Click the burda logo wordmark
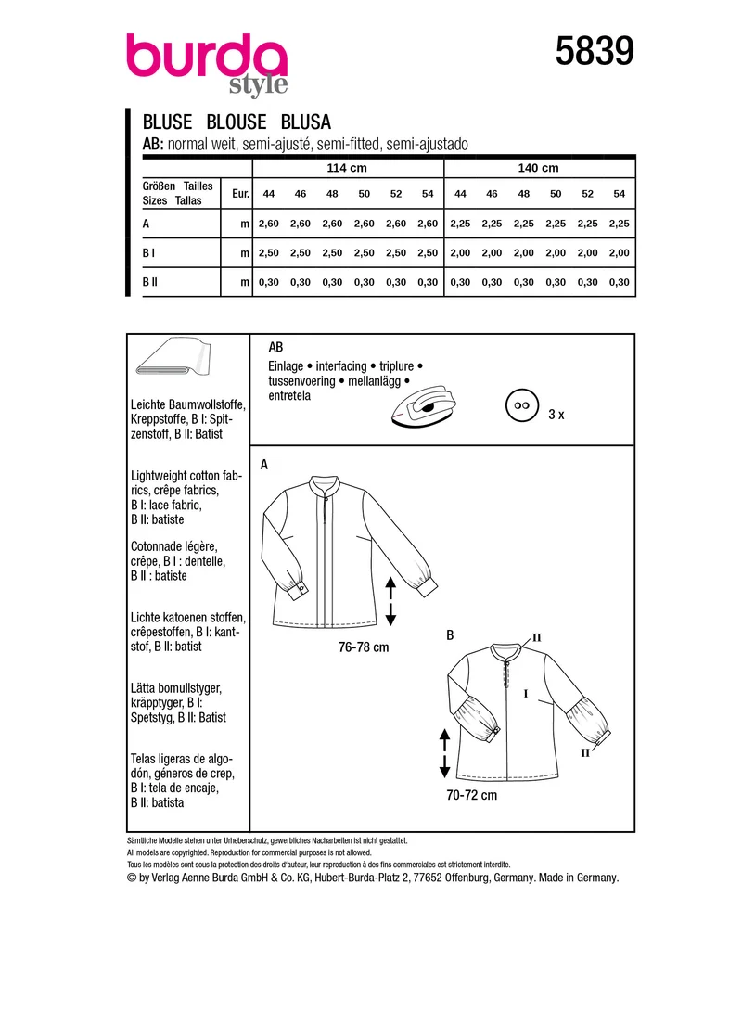[x=207, y=64]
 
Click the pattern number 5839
[x=595, y=51]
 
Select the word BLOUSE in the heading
[x=236, y=122]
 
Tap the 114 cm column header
[x=347, y=168]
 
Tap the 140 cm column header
[x=538, y=168]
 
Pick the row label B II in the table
[x=149, y=282]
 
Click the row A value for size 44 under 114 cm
[x=269, y=224]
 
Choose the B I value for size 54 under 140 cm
[x=619, y=253]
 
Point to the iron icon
[x=423, y=406]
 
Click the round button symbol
[x=521, y=405]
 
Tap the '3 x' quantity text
[x=556, y=415]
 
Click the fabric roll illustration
[x=173, y=357]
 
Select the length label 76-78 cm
[x=364, y=647]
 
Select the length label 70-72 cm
[x=471, y=796]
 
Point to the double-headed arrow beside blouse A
[x=390, y=601]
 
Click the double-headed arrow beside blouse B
[x=444, y=753]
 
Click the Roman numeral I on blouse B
[x=526, y=694]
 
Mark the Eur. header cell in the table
[x=240, y=194]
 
